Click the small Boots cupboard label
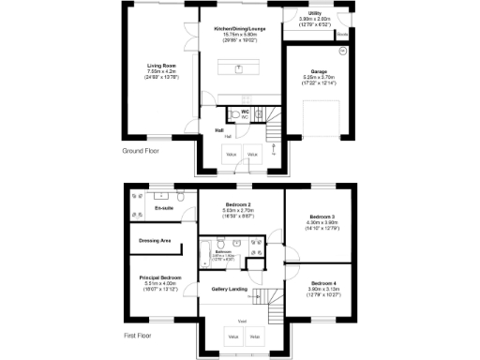343,34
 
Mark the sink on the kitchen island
239,68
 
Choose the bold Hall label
218,130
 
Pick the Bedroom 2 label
238,204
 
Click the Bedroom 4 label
322,282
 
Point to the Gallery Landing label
229,289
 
